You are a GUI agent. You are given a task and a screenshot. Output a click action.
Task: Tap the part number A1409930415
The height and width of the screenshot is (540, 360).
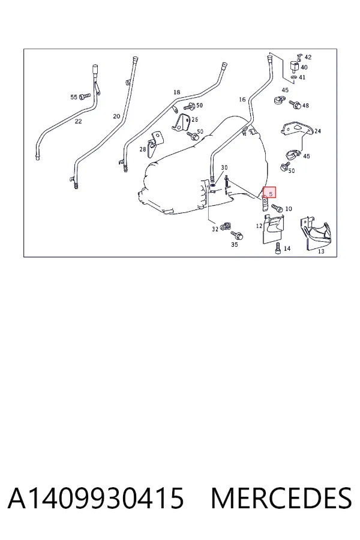pyautogui.click(x=96, y=498)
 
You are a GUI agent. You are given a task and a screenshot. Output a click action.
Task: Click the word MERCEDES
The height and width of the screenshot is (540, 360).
pyautogui.click(x=281, y=498)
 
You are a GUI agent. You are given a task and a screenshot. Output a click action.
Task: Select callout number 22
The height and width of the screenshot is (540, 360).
pyautogui.click(x=78, y=121)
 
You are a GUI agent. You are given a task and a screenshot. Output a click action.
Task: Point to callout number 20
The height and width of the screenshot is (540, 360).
pyautogui.click(x=116, y=116)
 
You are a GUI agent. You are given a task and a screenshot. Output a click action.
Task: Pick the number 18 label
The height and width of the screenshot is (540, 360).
pyautogui.click(x=177, y=92)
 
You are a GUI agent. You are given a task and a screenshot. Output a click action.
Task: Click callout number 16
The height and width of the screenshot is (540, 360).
pyautogui.click(x=242, y=99)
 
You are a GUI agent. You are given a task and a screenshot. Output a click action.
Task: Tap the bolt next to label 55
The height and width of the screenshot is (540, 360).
pyautogui.click(x=85, y=96)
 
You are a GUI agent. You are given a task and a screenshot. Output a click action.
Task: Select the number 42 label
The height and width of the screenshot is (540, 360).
pyautogui.click(x=308, y=57)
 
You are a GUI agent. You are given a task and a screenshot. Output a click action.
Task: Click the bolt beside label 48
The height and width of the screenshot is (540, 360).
pyautogui.click(x=295, y=104)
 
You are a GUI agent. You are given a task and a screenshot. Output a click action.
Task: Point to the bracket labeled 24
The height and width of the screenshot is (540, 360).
pyautogui.click(x=296, y=129)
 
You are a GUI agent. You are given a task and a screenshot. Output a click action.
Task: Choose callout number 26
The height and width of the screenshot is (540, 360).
pyautogui.click(x=194, y=119)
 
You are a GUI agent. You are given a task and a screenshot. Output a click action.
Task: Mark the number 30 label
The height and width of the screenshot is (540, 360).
pyautogui.click(x=224, y=167)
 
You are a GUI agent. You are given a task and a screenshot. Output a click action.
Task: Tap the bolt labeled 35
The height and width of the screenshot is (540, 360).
pyautogui.click(x=238, y=236)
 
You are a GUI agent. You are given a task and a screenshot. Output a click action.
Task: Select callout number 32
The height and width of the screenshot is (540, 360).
pyautogui.click(x=215, y=229)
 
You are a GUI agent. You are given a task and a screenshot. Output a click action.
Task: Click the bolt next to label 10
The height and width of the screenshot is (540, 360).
pyautogui.click(x=277, y=208)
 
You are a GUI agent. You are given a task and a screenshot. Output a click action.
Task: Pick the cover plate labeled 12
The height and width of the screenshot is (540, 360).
pyautogui.click(x=273, y=229)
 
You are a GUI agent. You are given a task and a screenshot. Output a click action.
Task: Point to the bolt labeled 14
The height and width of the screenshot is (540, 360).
pyautogui.click(x=278, y=248)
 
